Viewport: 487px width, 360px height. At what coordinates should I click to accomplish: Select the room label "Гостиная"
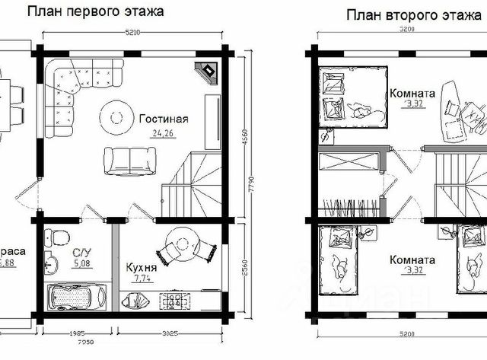[163, 119]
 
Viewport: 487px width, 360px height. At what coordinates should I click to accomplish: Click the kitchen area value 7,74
[142, 279]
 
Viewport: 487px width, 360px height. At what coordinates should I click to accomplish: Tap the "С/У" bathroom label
[82, 253]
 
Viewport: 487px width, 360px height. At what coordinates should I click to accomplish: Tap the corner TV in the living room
[207, 71]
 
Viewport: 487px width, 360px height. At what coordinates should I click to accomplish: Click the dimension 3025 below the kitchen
[170, 332]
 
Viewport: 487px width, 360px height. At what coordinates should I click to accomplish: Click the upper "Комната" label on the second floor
[412, 94]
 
